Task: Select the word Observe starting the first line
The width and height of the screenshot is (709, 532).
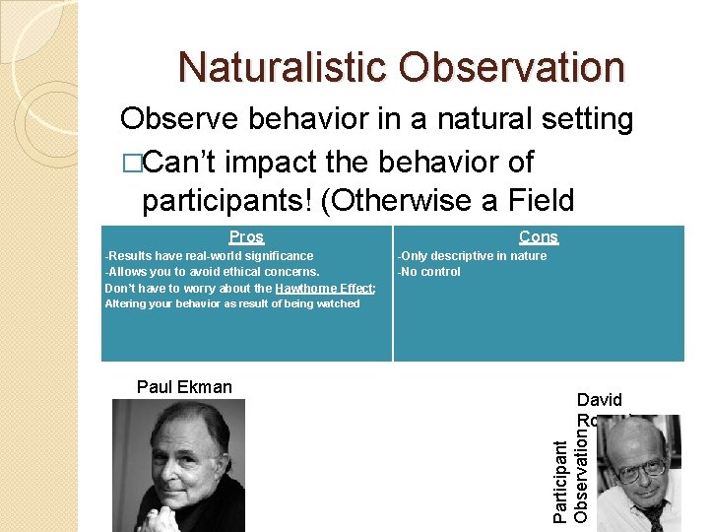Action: click(180, 120)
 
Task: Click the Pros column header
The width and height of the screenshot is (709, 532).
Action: click(246, 237)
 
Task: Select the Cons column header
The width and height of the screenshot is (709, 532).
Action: click(538, 237)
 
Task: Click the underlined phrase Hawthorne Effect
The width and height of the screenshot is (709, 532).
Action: click(324, 289)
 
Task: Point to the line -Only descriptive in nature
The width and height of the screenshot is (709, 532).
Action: click(471, 256)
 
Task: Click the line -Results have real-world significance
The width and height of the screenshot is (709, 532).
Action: click(209, 256)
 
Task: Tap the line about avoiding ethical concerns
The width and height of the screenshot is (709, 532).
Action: click(212, 272)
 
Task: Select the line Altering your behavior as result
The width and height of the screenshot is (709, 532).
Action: click(231, 303)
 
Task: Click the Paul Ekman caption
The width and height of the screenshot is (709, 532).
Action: click(184, 387)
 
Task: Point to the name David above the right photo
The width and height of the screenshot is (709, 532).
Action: click(599, 400)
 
